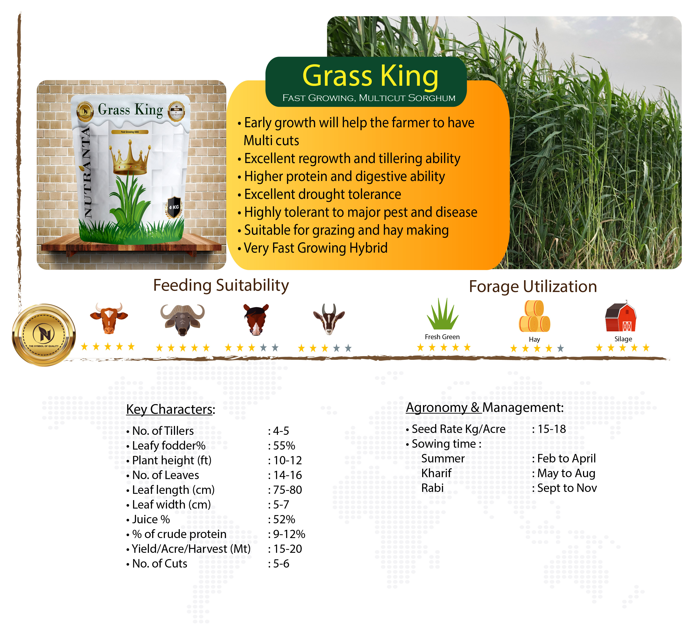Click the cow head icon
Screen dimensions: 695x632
coord(109,318)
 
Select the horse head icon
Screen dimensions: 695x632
coord(256,319)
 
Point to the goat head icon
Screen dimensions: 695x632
coord(329,319)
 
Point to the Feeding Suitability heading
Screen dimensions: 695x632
coord(221,286)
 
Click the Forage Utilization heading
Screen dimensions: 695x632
coord(533,286)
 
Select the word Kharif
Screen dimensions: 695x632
coord(436,473)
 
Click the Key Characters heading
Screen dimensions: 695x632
coord(171,410)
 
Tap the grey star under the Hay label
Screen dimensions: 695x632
coord(560,348)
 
